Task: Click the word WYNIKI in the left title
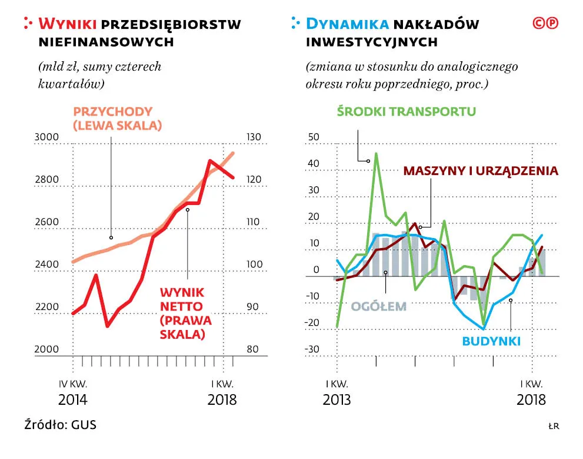67,24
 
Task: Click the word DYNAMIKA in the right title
348,24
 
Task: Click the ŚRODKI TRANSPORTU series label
406,111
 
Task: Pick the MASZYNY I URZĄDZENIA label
480,171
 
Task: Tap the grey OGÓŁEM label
379,306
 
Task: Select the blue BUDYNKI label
491,341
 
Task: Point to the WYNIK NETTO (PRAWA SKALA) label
185,313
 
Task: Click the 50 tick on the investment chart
314,137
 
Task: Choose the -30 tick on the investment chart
312,349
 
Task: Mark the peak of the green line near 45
376,154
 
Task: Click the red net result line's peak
210,160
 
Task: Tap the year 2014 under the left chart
73,399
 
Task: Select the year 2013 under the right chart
337,399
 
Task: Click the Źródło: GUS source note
60,424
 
